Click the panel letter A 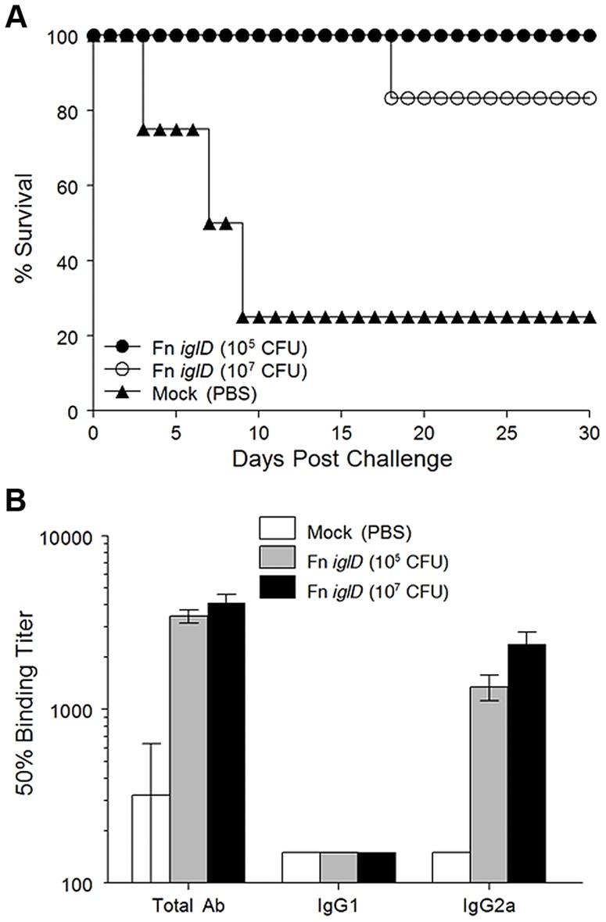coord(17,16)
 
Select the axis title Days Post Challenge coord(341,458)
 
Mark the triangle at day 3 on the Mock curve coord(143,130)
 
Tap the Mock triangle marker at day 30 coord(590,317)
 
